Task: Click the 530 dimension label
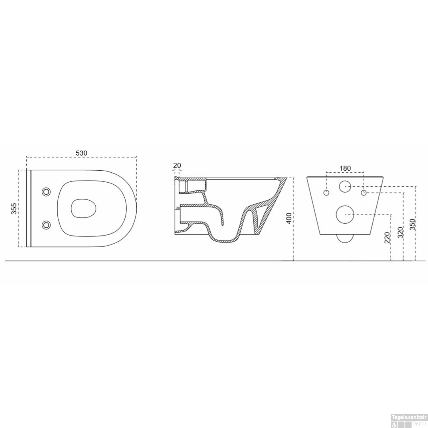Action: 81,153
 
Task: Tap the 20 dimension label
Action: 177,165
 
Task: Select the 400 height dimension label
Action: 289,218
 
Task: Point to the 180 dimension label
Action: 345,168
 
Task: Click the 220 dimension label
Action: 387,238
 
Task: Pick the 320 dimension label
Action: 400,233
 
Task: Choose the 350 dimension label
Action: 413,224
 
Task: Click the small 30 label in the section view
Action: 178,208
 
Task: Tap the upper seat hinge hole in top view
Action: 46,192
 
